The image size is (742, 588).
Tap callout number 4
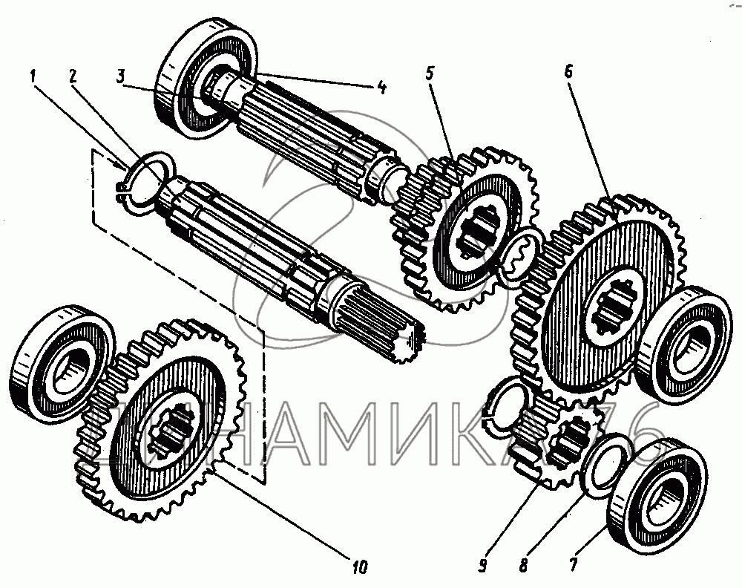tap(381, 86)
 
